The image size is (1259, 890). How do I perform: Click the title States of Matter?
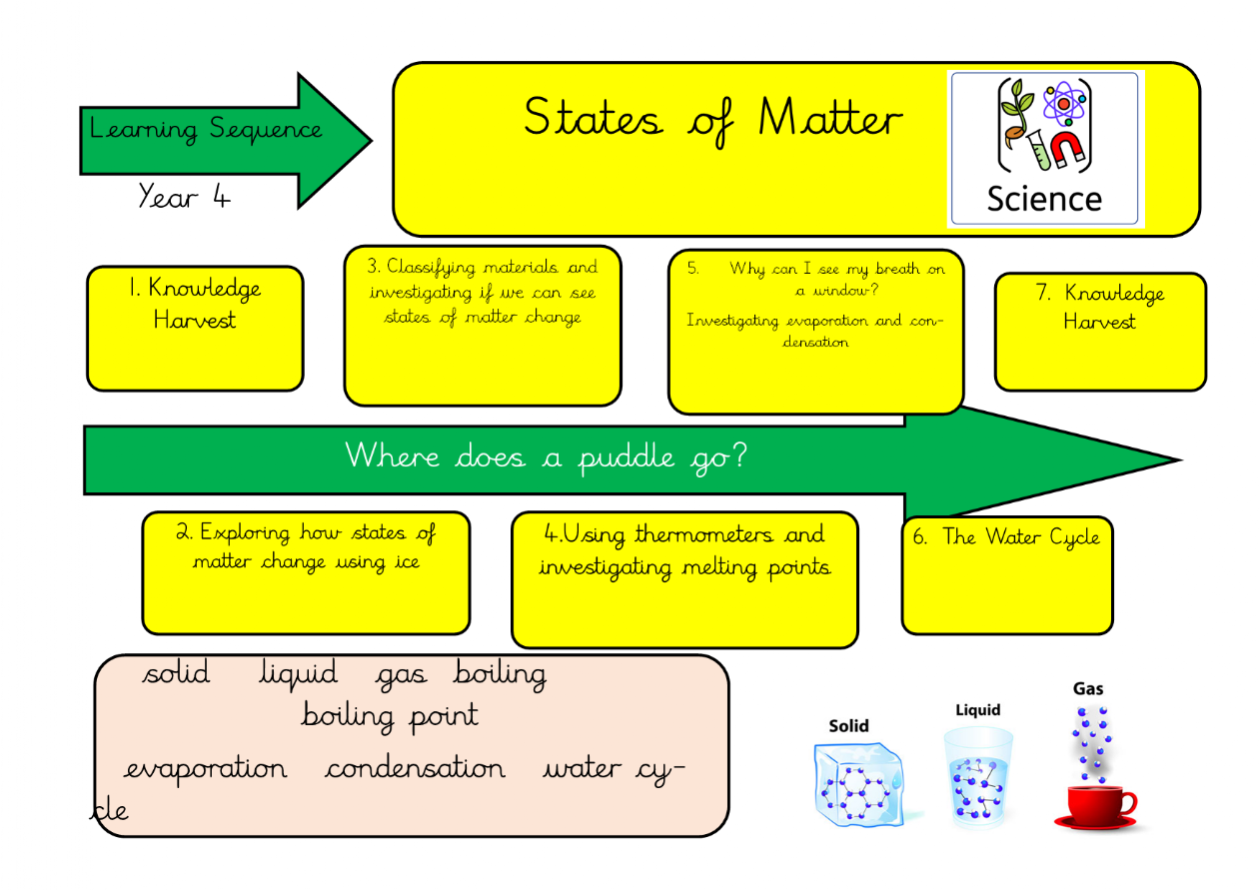click(x=712, y=120)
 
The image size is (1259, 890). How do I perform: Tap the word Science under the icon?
click(x=1043, y=199)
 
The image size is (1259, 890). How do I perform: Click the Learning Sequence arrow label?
click(x=206, y=130)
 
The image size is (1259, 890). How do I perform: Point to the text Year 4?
click(x=185, y=196)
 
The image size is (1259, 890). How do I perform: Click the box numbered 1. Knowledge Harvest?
click(x=195, y=328)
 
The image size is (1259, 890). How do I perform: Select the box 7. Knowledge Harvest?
click(x=1100, y=331)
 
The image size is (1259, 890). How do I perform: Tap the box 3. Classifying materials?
click(x=483, y=326)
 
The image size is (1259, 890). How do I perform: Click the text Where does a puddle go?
click(x=547, y=456)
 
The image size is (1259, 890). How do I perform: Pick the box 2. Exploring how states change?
click(x=306, y=572)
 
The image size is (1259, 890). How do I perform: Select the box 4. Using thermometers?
click(x=684, y=579)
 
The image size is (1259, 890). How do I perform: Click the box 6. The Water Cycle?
click(x=1006, y=573)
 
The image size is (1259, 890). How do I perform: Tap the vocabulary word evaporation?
click(x=206, y=769)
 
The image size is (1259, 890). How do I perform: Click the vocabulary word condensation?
click(x=415, y=769)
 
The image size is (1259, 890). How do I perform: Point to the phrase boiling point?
click(x=390, y=715)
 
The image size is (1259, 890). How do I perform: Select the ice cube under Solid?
click(x=854, y=783)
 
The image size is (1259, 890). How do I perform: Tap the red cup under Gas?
click(x=1095, y=804)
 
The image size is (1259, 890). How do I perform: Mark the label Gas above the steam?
click(x=1088, y=688)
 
